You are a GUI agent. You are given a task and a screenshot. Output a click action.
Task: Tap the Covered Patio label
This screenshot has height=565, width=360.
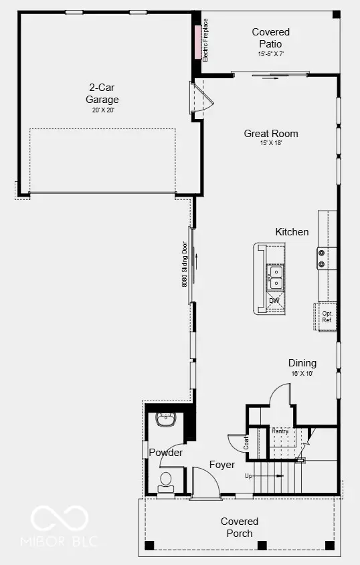(x=271, y=37)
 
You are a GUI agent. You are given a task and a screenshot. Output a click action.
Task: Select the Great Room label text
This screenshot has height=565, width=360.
(x=271, y=134)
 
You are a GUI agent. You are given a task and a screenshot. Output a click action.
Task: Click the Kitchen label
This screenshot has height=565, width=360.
(x=292, y=232)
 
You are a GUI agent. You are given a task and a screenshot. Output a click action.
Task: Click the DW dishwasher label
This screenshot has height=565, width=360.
(x=274, y=301)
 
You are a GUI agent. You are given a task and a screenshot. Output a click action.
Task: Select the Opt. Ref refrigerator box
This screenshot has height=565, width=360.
(x=327, y=317)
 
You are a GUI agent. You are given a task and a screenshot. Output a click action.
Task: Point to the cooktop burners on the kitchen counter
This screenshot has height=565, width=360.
(x=322, y=258)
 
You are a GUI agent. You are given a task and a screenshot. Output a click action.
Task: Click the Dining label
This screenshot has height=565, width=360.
(x=302, y=363)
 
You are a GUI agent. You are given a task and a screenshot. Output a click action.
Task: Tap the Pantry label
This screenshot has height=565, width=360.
(x=280, y=431)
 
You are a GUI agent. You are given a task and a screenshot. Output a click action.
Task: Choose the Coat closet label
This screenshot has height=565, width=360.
(x=246, y=441)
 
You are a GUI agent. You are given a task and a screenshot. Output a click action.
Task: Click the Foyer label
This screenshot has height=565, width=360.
(x=221, y=465)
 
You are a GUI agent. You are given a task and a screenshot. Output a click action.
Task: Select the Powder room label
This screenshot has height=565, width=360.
(x=166, y=453)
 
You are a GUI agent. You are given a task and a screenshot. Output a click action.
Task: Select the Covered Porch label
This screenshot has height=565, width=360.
(x=240, y=527)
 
